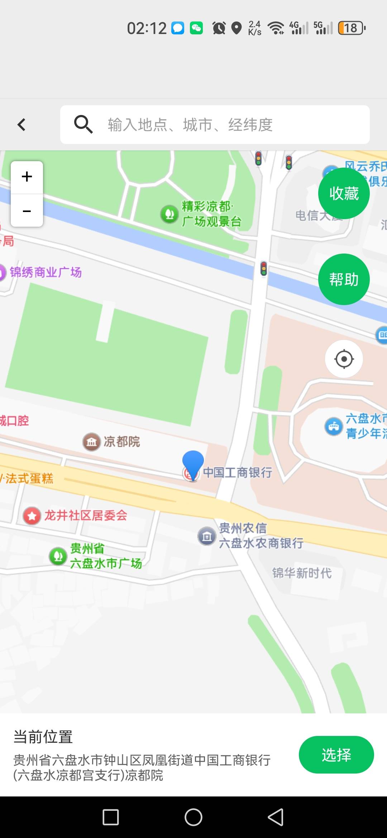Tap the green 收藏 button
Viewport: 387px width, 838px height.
[344, 193]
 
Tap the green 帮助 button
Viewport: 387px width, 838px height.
[344, 279]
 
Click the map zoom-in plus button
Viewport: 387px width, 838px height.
[27, 177]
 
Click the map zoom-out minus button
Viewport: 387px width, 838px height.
[27, 211]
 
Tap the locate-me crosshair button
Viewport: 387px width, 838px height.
[344, 359]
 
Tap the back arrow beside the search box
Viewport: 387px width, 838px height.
[21, 125]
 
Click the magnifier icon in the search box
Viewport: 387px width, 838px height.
[83, 124]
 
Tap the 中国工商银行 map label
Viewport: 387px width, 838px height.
[238, 472]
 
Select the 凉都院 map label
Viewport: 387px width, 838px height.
[121, 442]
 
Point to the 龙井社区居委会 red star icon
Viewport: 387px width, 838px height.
[32, 516]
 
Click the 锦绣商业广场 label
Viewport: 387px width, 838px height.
[46, 272]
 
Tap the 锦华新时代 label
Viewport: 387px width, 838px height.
[302, 573]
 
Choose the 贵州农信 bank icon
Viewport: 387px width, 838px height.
[207, 536]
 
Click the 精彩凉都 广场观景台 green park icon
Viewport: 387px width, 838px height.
[169, 214]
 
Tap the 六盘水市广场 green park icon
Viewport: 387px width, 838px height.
[58, 556]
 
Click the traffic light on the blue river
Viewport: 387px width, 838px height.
[264, 269]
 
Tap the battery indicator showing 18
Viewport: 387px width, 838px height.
[352, 28]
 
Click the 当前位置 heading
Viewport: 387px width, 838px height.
[43, 737]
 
